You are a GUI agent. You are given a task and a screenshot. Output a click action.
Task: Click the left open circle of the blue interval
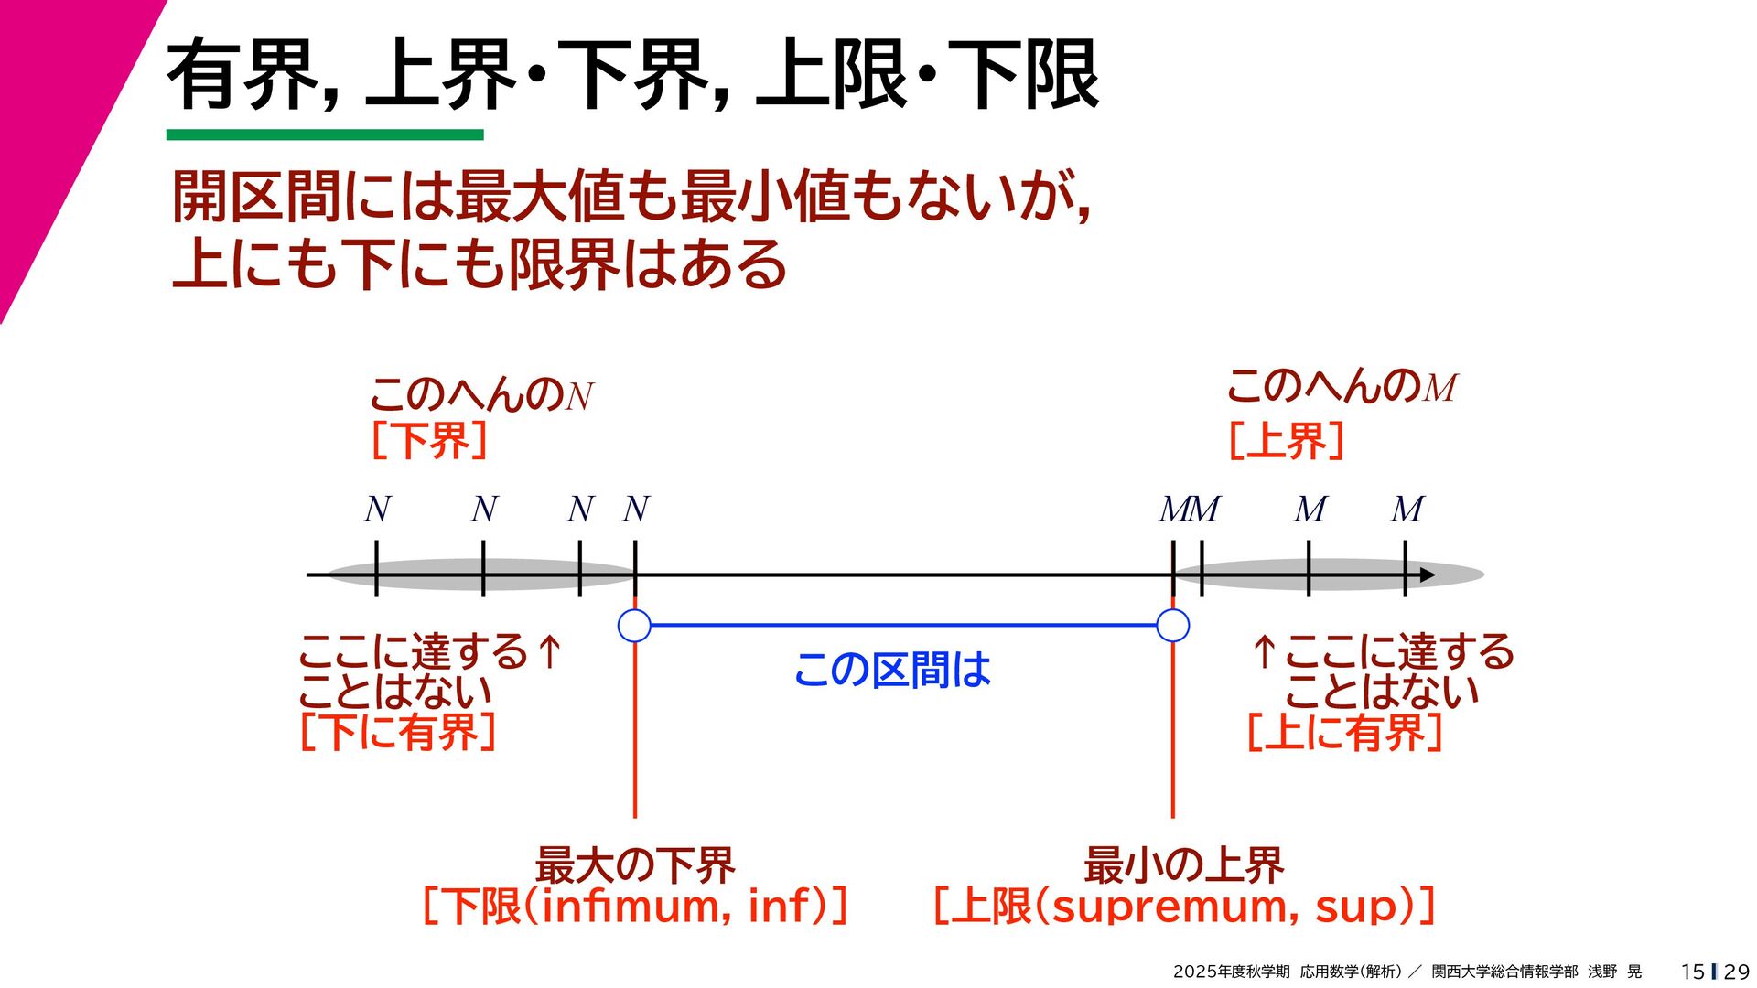point(634,626)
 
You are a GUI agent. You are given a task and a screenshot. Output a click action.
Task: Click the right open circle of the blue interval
point(1172,626)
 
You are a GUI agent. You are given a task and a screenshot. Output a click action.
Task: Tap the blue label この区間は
point(892,670)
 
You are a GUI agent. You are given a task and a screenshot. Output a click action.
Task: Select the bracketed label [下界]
point(429,441)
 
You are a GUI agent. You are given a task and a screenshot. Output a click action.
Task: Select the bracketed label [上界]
point(1286,441)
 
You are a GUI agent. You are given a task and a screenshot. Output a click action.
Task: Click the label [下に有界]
point(398,732)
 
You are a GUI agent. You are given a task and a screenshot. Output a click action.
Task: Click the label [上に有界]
point(1344,732)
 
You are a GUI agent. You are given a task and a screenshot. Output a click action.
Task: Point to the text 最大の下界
point(634,864)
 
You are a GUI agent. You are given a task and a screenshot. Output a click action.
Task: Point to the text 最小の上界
point(1183,864)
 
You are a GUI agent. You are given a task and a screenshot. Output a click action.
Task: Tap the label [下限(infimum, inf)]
point(634,907)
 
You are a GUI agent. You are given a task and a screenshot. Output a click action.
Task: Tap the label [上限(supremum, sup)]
point(1183,907)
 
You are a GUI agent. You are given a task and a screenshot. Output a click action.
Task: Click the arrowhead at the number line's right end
point(1427,575)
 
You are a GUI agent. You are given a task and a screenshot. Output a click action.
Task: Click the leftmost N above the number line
point(377,510)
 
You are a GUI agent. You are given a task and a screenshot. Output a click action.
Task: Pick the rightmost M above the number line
point(1407,510)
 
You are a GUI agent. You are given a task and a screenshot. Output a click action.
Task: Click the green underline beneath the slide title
point(325,135)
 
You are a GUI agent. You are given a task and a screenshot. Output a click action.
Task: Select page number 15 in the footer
point(1692,972)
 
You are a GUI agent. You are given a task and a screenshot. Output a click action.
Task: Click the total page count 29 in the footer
point(1736,972)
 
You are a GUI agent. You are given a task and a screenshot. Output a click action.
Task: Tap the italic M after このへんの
point(1439,389)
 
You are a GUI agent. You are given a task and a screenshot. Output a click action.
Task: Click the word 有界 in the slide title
point(243,75)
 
